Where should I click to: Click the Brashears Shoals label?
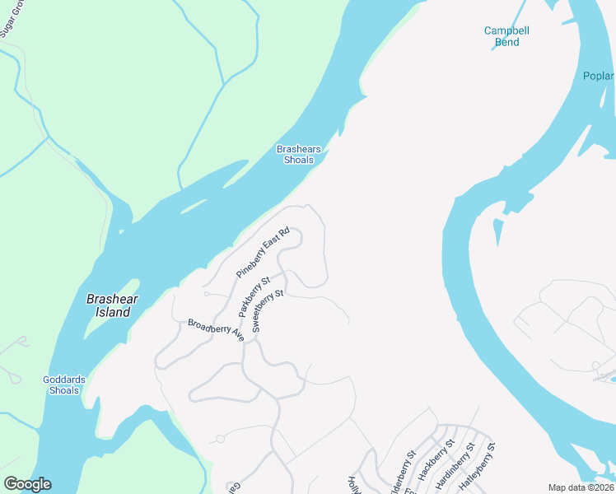[299, 155]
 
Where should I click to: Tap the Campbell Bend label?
[506, 36]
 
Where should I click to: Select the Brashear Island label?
[112, 306]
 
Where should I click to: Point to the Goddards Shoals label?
[63, 384]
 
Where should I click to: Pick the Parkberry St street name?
[254, 298]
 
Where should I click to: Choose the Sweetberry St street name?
[268, 310]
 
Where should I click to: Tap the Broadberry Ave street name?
[216, 329]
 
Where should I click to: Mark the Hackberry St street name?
[436, 465]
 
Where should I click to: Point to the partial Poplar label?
[599, 77]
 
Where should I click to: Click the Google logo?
[27, 484]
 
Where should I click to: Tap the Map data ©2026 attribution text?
[581, 487]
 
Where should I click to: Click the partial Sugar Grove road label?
[11, 18]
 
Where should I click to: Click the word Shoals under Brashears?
[299, 160]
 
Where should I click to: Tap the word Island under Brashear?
[112, 313]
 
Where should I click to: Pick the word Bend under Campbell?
[507, 42]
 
